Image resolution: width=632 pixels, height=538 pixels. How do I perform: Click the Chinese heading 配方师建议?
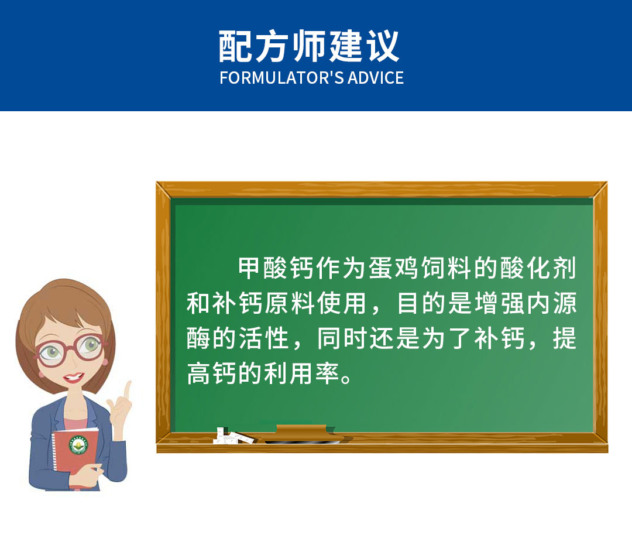point(309,46)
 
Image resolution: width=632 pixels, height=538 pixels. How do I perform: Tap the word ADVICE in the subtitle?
point(376,78)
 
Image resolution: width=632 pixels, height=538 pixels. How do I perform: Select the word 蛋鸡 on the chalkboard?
point(394,268)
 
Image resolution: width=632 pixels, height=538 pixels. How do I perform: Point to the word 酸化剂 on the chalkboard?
point(538,268)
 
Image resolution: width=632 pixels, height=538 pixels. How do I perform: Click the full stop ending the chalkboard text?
point(346,379)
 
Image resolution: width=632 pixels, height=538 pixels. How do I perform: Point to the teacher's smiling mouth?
point(73,378)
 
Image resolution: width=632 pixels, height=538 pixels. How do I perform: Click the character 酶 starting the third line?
point(198,338)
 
